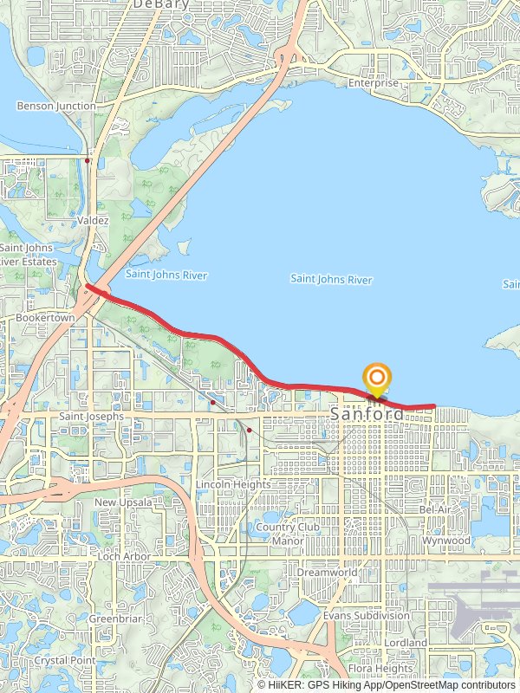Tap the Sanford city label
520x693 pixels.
[x=367, y=415]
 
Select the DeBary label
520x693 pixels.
[x=156, y=4]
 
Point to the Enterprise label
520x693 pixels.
[x=374, y=83]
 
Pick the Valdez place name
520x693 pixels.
[x=93, y=221]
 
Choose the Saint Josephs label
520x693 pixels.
[x=93, y=417]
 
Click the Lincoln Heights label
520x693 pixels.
[x=232, y=484]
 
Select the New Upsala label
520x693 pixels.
[x=123, y=502]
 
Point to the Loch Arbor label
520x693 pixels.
[x=124, y=556]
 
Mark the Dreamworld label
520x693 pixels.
[x=327, y=573]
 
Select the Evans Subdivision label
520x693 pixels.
[x=366, y=615]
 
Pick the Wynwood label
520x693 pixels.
[x=446, y=541]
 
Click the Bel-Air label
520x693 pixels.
[x=436, y=509]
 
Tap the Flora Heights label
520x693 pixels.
[x=380, y=669]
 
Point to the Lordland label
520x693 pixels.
[x=406, y=644]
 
